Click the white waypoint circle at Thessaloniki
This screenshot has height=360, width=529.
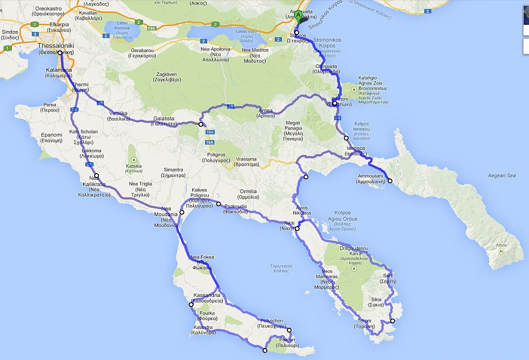click(x=60, y=53)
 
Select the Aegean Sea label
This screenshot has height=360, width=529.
click(x=502, y=176)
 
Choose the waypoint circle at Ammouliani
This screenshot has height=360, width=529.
click(x=390, y=180)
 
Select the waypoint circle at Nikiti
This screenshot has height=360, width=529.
click(x=297, y=228)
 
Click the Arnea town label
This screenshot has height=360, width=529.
click(x=264, y=113)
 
